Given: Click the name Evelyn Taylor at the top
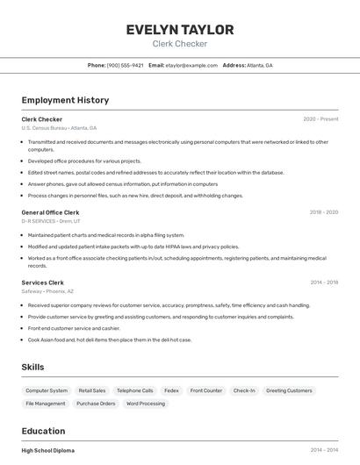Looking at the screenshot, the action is [x=179, y=30].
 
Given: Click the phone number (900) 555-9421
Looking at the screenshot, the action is [x=125, y=65].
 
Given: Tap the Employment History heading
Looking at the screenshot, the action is [x=65, y=100].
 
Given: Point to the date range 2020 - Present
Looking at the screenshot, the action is [x=320, y=119].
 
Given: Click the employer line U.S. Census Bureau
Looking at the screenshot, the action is [x=59, y=128].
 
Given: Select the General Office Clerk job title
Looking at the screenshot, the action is [x=50, y=212].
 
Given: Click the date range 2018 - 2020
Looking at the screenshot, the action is [x=323, y=212].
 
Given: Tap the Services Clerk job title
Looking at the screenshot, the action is [x=42, y=283].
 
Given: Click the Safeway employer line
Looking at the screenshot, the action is [x=47, y=291].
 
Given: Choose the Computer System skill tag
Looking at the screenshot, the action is [x=47, y=390].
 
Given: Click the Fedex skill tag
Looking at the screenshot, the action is [x=171, y=390].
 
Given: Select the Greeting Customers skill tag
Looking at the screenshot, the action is [x=289, y=390].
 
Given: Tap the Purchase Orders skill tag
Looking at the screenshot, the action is [x=96, y=404].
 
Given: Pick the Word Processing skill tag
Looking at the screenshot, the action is [x=146, y=404].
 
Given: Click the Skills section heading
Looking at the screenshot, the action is [x=32, y=367].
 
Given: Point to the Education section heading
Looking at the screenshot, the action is [x=43, y=431].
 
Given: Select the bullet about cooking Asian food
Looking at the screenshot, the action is [x=110, y=340].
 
